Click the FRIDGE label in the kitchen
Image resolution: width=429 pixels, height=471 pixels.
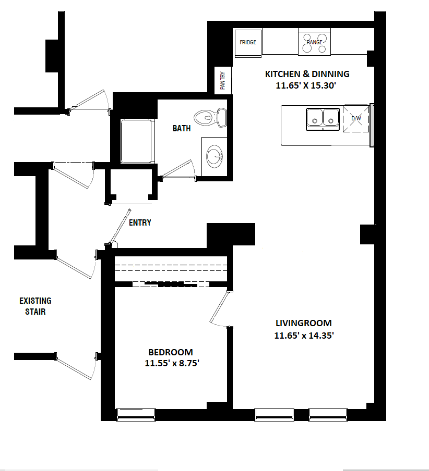(x=248, y=42)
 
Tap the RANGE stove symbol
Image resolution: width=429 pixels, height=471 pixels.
(x=314, y=42)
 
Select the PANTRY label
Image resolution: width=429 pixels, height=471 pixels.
(x=223, y=81)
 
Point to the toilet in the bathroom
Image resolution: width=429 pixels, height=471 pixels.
(x=210, y=117)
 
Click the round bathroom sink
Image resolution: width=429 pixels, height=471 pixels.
(x=214, y=156)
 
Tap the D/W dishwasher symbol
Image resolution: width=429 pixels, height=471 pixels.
(x=356, y=118)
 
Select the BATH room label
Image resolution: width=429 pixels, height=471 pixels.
(x=182, y=129)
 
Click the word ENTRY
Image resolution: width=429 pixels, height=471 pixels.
(x=140, y=222)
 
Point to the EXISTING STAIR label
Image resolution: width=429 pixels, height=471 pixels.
(x=35, y=306)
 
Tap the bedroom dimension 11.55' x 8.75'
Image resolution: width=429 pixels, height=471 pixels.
(x=172, y=363)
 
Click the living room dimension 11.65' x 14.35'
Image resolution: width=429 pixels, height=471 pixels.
(x=304, y=335)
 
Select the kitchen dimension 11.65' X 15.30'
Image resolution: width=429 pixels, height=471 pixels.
(x=306, y=85)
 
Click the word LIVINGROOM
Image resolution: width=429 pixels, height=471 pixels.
(x=304, y=323)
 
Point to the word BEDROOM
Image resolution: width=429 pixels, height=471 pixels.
(x=171, y=352)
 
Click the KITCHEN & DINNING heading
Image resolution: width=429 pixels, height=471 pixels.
(x=307, y=74)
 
